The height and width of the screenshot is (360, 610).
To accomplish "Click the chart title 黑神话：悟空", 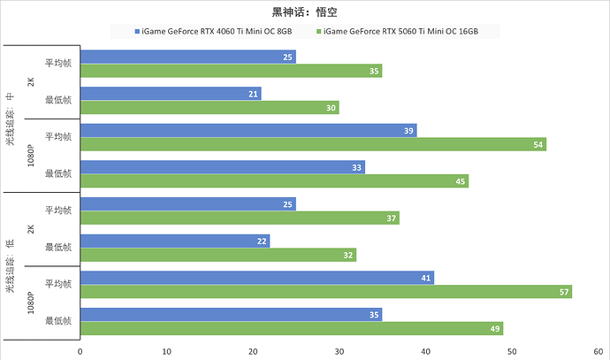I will point(305,12).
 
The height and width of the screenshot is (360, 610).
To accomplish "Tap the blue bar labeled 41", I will point(256,278).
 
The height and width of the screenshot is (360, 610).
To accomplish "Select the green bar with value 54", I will point(313,144).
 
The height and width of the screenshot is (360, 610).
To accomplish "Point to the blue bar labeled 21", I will point(171,94).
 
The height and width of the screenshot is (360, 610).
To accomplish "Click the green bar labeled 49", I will point(292,329).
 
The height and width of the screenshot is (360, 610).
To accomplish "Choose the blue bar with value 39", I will point(248,130).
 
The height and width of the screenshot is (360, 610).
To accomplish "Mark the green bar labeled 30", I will point(210,108).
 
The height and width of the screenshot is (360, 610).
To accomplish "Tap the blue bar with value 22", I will point(175,241).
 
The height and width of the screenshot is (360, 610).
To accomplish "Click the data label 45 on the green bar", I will point(460,182).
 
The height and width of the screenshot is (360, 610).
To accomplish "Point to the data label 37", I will point(391,218).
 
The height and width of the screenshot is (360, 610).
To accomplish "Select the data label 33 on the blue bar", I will point(356,167).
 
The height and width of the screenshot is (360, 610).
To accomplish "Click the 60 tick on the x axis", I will point(598,349).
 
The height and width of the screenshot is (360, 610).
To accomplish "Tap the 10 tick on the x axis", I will point(167,349).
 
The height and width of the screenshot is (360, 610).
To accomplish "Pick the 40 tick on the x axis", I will point(425,349).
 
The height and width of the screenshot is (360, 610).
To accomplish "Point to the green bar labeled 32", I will point(218,255).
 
